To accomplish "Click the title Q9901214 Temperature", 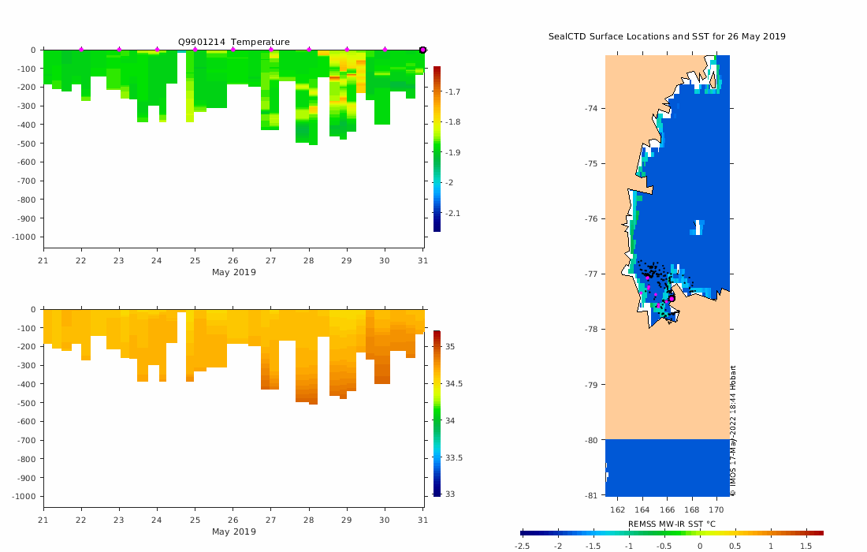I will coord(233,42).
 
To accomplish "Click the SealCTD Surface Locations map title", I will coord(667,36).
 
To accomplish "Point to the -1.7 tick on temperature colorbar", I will coord(454,92).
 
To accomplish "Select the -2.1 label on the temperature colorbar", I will coord(454,214).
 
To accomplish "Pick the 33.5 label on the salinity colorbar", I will coord(456,458).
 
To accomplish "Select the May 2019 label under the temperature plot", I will coord(233,273).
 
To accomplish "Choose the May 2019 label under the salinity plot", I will coord(233,531).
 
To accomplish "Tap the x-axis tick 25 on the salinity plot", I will coord(195,520).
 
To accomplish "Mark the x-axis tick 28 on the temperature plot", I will coord(309,262).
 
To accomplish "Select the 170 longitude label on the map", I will coord(717,509).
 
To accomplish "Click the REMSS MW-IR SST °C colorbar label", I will coord(672,524).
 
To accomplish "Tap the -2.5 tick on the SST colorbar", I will coord(522,546).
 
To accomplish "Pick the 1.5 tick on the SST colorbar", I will coord(806,546).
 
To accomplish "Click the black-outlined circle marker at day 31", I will coord(422,50).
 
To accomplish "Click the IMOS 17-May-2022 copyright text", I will coord(733,431).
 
